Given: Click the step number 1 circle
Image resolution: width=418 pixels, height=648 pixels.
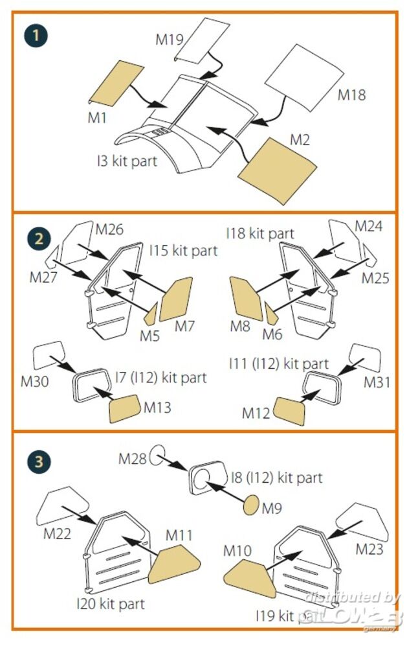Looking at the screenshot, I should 36,34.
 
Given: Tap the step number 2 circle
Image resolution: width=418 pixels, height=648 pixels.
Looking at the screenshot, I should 38,238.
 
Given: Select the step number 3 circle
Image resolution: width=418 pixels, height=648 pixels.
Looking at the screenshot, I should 38,461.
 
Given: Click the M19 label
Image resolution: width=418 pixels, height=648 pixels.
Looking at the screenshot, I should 170,40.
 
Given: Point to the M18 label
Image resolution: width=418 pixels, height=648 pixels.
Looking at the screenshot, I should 352,95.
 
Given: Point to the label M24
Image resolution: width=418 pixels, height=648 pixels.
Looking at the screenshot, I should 369,226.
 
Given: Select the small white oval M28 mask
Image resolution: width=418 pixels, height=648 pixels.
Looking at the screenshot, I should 157,456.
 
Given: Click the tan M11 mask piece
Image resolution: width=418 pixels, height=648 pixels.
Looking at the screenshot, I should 173,563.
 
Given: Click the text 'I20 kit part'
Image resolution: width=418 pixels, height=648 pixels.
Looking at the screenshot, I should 110,604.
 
